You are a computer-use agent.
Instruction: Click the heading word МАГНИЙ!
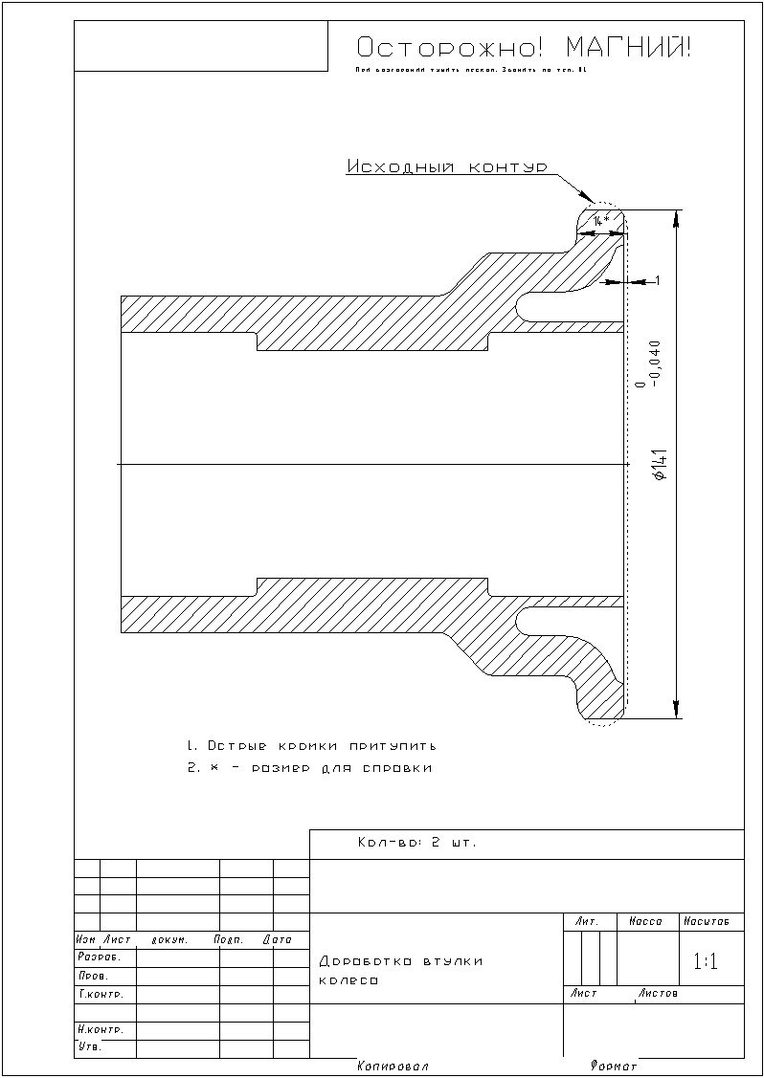(x=627, y=48)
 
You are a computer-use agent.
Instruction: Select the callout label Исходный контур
(x=446, y=166)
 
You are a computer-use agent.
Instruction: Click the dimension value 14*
(x=600, y=221)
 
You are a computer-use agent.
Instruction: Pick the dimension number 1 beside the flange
(x=657, y=280)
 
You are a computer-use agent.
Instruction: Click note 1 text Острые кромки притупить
(x=311, y=745)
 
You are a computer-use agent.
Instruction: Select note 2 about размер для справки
(x=309, y=768)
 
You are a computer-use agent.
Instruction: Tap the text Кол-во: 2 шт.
(x=416, y=844)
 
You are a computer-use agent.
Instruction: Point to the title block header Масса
(x=646, y=922)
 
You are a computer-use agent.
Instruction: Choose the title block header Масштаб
(x=707, y=922)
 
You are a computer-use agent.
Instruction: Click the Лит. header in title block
(x=587, y=922)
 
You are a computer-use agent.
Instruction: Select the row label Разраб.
(x=93, y=957)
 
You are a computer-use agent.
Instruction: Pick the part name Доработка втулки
(x=401, y=961)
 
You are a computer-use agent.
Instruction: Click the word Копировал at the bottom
(x=393, y=1066)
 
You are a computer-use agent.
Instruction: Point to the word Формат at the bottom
(x=614, y=1066)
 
